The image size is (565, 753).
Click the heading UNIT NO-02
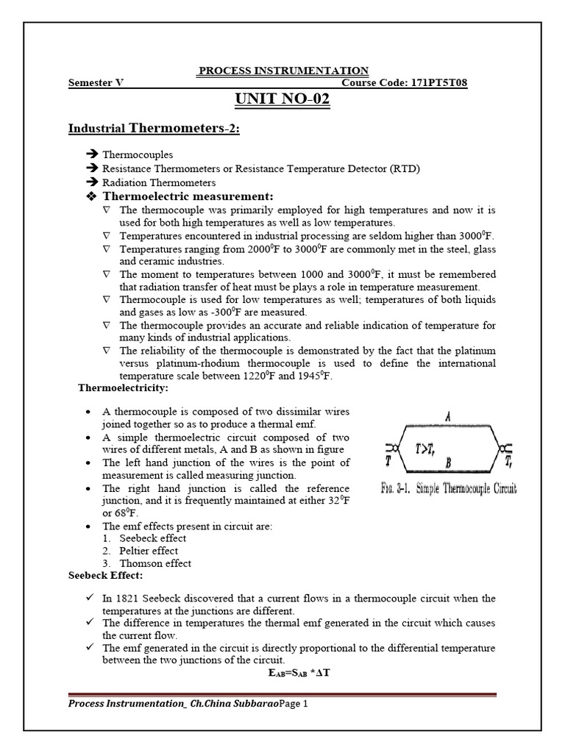[x=282, y=99]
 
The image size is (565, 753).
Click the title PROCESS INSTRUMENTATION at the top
[x=283, y=71]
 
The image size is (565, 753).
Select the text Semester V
[x=96, y=83]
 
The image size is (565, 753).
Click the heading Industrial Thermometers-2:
[x=154, y=129]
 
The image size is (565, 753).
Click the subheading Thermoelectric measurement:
[x=188, y=196]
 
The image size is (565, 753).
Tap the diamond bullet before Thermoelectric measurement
[x=92, y=196]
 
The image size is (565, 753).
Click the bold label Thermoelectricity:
[x=123, y=388]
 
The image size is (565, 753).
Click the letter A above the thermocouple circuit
[x=447, y=416]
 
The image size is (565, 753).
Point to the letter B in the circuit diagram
[x=447, y=463]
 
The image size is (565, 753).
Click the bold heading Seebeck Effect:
[x=106, y=576]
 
